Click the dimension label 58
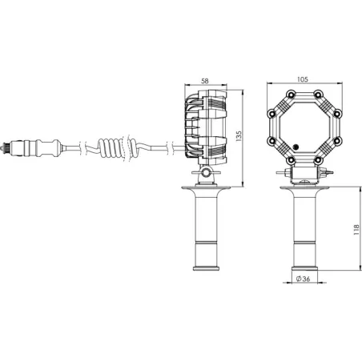[205, 81]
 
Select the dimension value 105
[303, 79]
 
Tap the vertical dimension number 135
[239, 136]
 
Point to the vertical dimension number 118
[356, 230]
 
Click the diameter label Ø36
[304, 279]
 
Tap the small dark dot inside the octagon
[296, 147]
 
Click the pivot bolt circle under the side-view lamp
[206, 172]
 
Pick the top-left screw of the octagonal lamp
[291, 95]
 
